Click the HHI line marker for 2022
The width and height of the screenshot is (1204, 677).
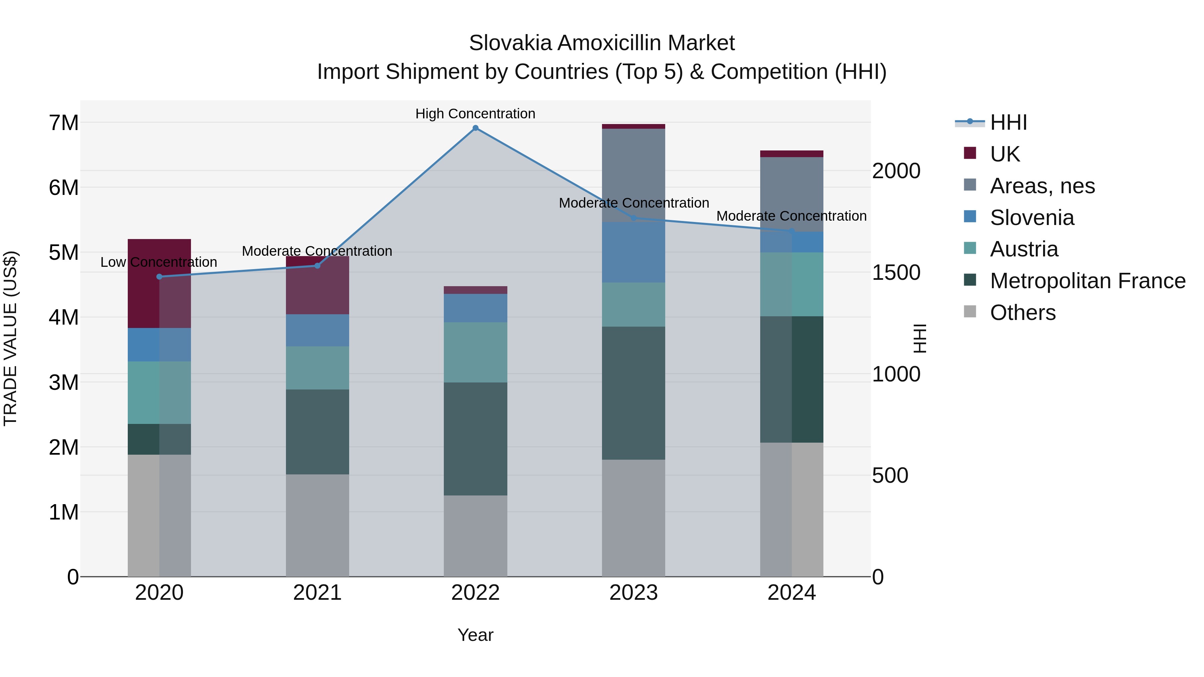(475, 128)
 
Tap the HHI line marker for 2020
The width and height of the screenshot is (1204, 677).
(160, 276)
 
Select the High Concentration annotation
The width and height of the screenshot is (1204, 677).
(475, 114)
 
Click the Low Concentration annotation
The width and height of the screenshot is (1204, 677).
(159, 262)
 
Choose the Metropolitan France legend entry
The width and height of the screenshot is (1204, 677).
(1087, 281)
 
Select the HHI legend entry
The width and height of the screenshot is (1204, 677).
(1008, 122)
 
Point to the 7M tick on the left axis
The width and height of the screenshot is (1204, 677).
(64, 123)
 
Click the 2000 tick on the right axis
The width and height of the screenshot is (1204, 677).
(896, 171)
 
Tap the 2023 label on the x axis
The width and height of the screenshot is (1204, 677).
(633, 593)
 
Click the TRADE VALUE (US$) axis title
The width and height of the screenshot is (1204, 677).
(10, 338)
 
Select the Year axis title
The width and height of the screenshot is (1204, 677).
(475, 635)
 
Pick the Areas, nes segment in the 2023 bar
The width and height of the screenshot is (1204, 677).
(633, 175)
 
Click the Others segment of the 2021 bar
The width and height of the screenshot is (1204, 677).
(317, 525)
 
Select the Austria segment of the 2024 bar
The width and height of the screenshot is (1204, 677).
(791, 284)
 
